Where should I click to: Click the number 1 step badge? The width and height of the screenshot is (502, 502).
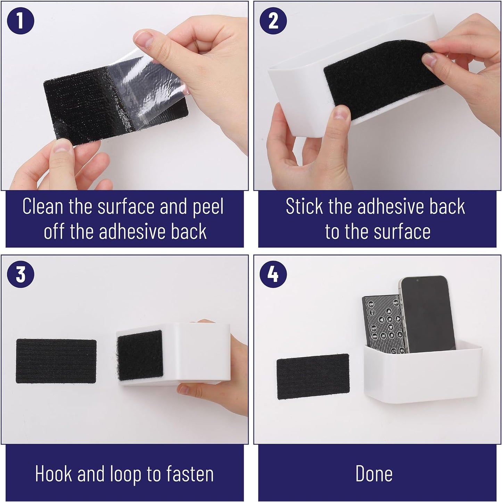coord(20,21)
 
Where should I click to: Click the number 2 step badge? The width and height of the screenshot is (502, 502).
coord(273,21)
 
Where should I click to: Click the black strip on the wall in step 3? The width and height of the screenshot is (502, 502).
coord(56,361)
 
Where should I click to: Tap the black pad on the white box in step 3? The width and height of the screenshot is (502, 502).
coord(140,355)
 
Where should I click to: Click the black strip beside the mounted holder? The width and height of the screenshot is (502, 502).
coord(313,377)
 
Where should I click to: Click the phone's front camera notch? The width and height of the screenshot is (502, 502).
coord(418,281)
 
